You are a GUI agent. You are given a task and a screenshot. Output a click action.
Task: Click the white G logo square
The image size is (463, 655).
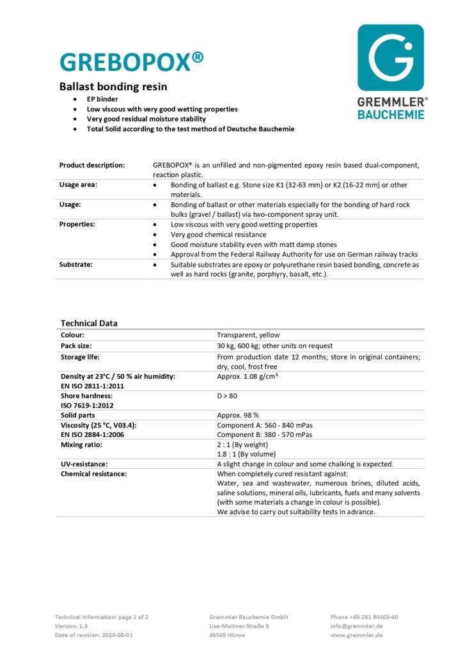[x=390, y=57]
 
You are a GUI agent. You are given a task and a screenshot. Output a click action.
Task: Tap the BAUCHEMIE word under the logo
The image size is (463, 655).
[x=390, y=114]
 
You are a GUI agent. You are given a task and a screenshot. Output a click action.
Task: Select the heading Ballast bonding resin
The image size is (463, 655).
[x=113, y=86]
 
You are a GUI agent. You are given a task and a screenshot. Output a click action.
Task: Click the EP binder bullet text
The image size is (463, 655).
[x=102, y=100]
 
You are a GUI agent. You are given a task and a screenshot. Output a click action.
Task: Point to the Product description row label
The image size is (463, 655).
[x=92, y=165]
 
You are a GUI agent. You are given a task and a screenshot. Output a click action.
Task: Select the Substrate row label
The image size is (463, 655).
[x=77, y=264]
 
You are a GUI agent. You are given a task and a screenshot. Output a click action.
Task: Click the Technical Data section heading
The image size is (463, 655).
[x=89, y=323]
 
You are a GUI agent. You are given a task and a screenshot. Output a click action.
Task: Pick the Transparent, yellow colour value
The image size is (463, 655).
[x=248, y=335]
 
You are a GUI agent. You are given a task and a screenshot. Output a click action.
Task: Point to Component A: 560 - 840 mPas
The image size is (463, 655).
[x=265, y=425]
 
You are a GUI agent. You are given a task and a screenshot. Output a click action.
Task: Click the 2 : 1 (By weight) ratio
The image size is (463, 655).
[x=242, y=444]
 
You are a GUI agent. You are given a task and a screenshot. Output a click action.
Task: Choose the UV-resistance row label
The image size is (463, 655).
[x=84, y=463]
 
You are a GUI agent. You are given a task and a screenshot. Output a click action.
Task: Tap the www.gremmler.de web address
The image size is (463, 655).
[x=357, y=635]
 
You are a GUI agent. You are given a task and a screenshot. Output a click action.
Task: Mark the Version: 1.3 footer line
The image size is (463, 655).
[x=71, y=626]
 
